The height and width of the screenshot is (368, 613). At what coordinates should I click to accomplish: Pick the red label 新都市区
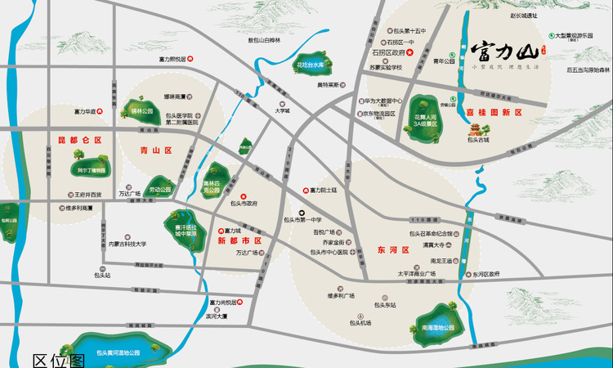click(239, 241)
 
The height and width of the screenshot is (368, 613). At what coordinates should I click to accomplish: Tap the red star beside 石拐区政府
click(413, 54)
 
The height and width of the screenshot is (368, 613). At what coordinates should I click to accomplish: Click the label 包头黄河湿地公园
click(119, 352)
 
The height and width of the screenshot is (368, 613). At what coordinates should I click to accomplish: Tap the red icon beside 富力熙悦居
click(192, 59)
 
